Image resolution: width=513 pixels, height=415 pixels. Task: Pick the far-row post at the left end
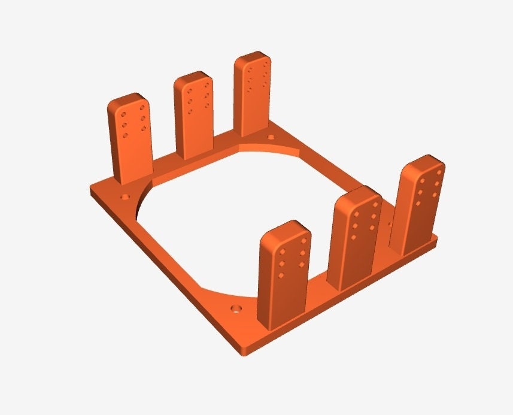(x=129, y=144)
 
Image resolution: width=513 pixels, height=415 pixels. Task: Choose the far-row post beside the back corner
(x=254, y=96)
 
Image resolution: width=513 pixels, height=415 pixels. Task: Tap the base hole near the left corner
(x=126, y=196)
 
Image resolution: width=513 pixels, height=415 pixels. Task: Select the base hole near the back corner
(x=271, y=138)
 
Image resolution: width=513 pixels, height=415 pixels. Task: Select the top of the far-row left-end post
(x=127, y=101)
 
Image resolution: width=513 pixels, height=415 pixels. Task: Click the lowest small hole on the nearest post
(x=281, y=276)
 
